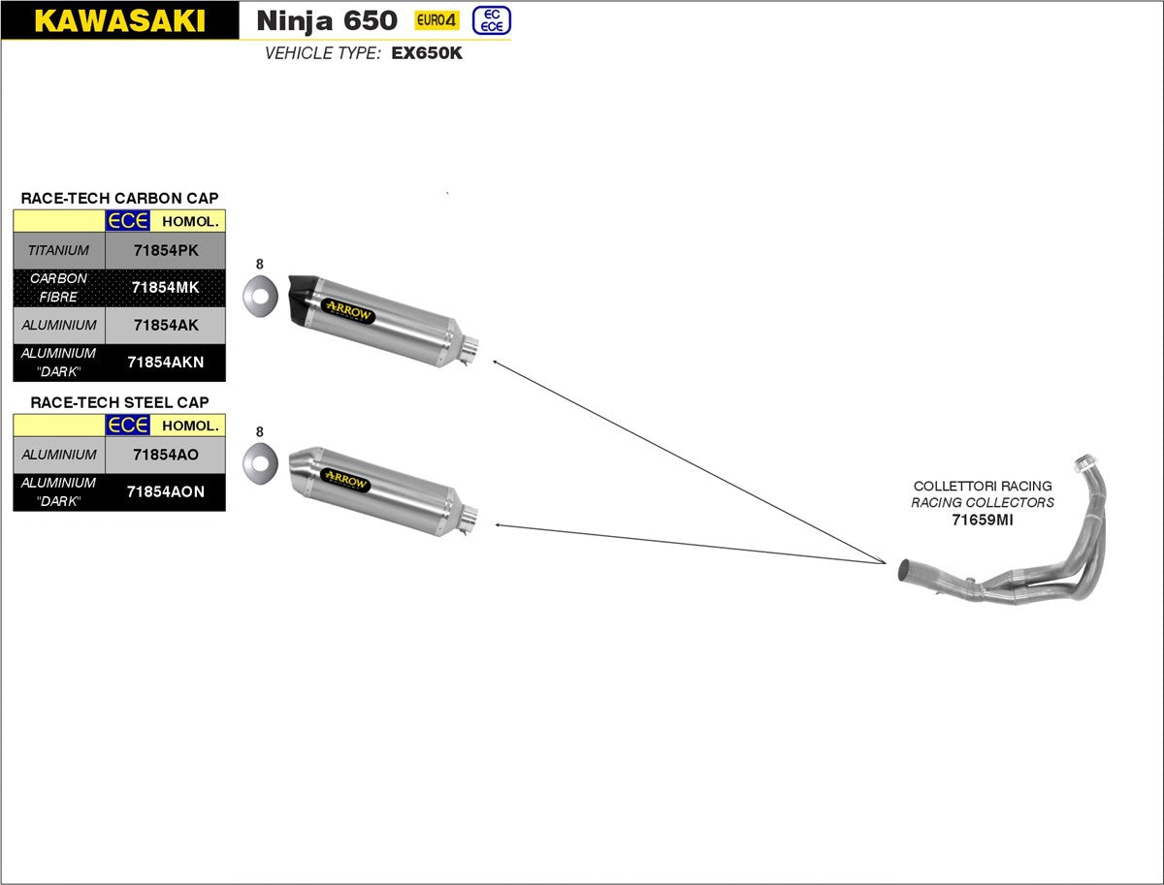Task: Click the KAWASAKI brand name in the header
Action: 119,21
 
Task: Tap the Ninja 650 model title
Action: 327,20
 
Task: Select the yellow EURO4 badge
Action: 436,20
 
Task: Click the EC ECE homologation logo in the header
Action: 491,20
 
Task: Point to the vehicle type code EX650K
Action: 427,54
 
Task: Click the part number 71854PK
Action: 165,250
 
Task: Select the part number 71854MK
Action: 165,287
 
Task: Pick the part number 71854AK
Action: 165,325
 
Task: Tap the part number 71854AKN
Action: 165,363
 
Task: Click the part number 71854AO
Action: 165,454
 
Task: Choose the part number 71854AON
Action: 165,491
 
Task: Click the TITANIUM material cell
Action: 58,250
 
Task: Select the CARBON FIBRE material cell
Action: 58,287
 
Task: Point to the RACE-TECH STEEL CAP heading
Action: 119,401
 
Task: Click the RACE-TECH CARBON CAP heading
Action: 119,198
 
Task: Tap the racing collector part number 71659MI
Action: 982,520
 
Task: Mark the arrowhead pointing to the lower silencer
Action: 498,524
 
